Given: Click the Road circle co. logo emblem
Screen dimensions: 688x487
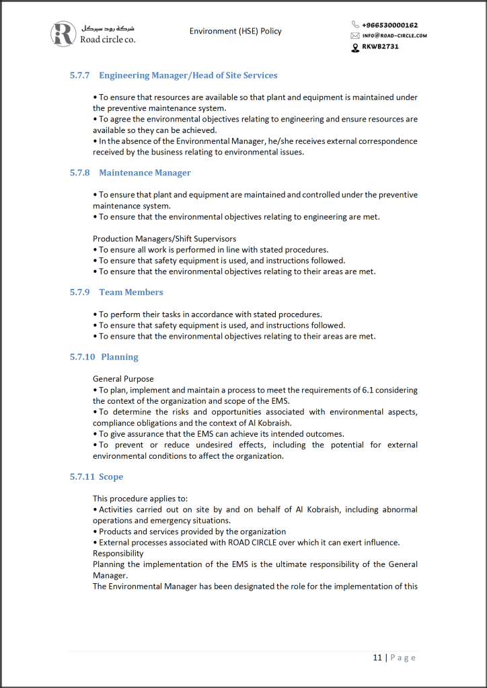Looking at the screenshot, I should (64, 34).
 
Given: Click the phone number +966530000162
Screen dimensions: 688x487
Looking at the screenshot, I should (389, 26).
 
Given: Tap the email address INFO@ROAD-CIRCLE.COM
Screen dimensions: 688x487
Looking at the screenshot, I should (394, 36).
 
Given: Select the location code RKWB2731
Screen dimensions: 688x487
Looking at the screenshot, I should (380, 46).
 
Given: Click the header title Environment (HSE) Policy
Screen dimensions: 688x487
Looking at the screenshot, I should (235, 31).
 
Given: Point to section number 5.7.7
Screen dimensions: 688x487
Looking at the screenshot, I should (79, 75).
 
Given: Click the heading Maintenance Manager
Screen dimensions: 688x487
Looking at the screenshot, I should (145, 173).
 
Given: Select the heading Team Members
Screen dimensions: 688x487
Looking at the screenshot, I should (130, 292).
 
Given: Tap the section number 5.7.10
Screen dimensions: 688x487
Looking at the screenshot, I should (82, 357).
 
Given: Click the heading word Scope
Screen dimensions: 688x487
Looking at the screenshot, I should (111, 476).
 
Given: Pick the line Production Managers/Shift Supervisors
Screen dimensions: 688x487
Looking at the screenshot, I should (165, 239).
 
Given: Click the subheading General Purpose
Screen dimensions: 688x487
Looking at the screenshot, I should (123, 379).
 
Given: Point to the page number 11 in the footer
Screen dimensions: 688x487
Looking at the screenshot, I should (377, 657).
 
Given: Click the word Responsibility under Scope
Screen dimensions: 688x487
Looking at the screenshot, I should (118, 553).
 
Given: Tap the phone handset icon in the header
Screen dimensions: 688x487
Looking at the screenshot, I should (356, 26).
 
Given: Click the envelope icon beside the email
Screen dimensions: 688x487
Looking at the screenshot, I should (355, 36).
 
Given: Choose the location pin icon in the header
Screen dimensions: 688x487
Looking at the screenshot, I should (355, 47).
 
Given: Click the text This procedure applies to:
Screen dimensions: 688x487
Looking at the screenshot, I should (140, 499).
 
